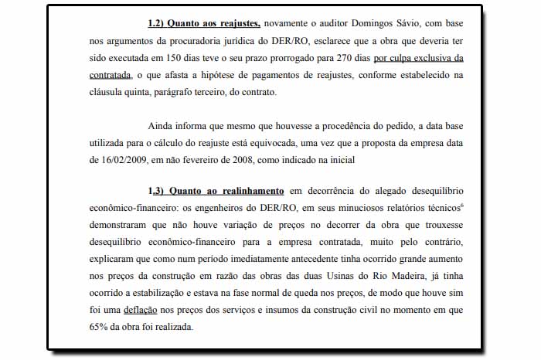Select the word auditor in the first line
point(323,25)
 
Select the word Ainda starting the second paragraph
point(160,127)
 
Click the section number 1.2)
point(160,25)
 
